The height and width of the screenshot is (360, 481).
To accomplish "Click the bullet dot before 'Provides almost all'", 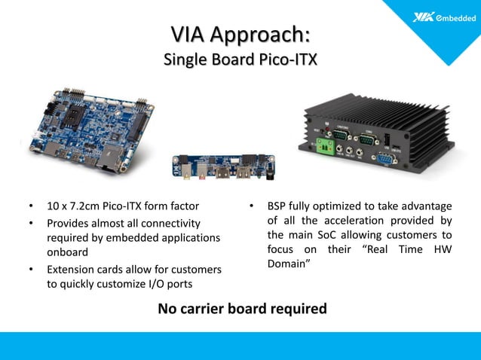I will (31, 224).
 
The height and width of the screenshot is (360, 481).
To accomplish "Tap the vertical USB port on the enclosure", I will (386, 140).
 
